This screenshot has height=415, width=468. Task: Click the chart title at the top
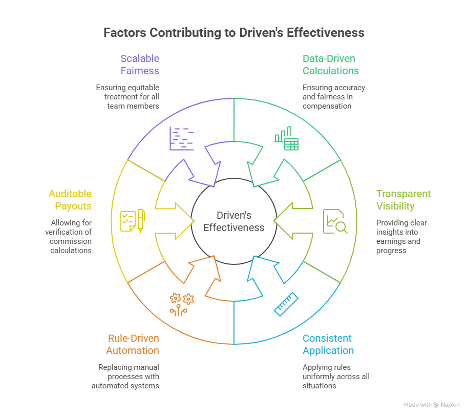[x=234, y=33]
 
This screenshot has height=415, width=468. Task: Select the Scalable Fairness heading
[x=140, y=65]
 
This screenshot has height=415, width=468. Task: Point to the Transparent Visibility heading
[x=403, y=200]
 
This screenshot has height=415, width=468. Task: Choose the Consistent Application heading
[x=328, y=344]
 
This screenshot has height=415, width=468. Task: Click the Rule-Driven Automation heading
[x=133, y=344]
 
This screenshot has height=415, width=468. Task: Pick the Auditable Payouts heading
[x=70, y=200]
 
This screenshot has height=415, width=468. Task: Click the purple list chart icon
[x=182, y=138]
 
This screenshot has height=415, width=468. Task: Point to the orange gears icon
[x=182, y=303]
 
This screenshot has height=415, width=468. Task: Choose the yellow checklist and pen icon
[x=132, y=221]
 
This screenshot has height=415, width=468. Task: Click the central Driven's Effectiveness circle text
[x=234, y=221]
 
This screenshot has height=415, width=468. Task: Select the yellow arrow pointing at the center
[x=174, y=221]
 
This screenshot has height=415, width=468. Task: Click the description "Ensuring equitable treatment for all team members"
[x=127, y=97]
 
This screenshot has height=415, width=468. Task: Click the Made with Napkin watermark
[x=432, y=405]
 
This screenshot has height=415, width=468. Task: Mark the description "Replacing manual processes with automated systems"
[x=125, y=376]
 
